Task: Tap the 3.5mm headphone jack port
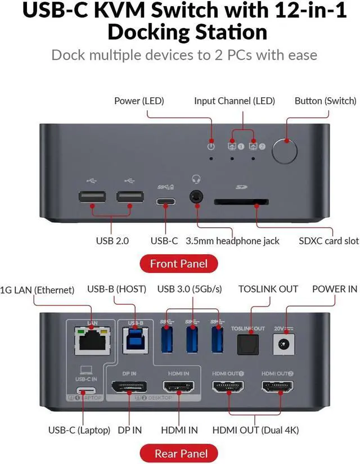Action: pyautogui.click(x=197, y=197)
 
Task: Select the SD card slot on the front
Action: pyautogui.click(x=241, y=201)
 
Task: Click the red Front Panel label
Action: pyautogui.click(x=179, y=263)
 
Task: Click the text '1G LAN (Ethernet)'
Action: pyautogui.click(x=38, y=290)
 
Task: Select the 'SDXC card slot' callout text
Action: pyautogui.click(x=328, y=241)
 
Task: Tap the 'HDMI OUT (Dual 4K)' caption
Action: pyautogui.click(x=255, y=430)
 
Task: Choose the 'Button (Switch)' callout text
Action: pyautogui.click(x=325, y=101)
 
